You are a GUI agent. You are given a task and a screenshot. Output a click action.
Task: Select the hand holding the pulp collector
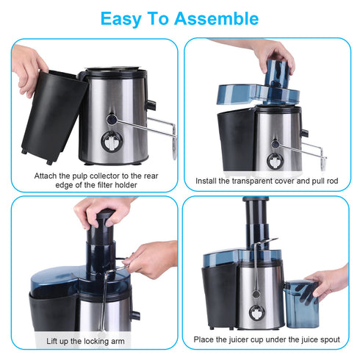pos(28,66)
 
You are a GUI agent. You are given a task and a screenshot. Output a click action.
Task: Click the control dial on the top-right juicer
pos(276,162)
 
